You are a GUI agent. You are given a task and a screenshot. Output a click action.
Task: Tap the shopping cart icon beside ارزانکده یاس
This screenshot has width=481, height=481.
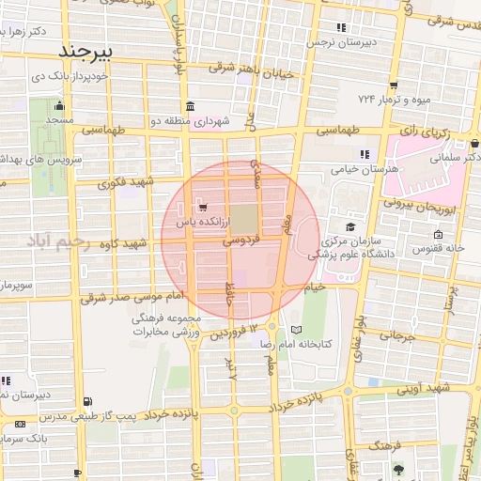tap(202, 209)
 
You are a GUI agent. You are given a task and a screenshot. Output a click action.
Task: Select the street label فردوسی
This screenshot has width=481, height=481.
tap(241, 241)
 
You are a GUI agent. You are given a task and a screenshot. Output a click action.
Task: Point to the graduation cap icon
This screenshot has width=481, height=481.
tap(350, 226)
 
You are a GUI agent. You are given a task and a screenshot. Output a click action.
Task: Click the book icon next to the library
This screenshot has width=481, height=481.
tap(297, 331)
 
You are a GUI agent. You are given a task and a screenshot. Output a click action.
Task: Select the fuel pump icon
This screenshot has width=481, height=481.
tap(88, 402)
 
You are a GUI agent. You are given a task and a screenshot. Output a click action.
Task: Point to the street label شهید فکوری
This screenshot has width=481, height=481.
tap(130, 181)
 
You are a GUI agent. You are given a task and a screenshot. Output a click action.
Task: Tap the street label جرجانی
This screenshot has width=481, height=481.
tap(396, 335)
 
